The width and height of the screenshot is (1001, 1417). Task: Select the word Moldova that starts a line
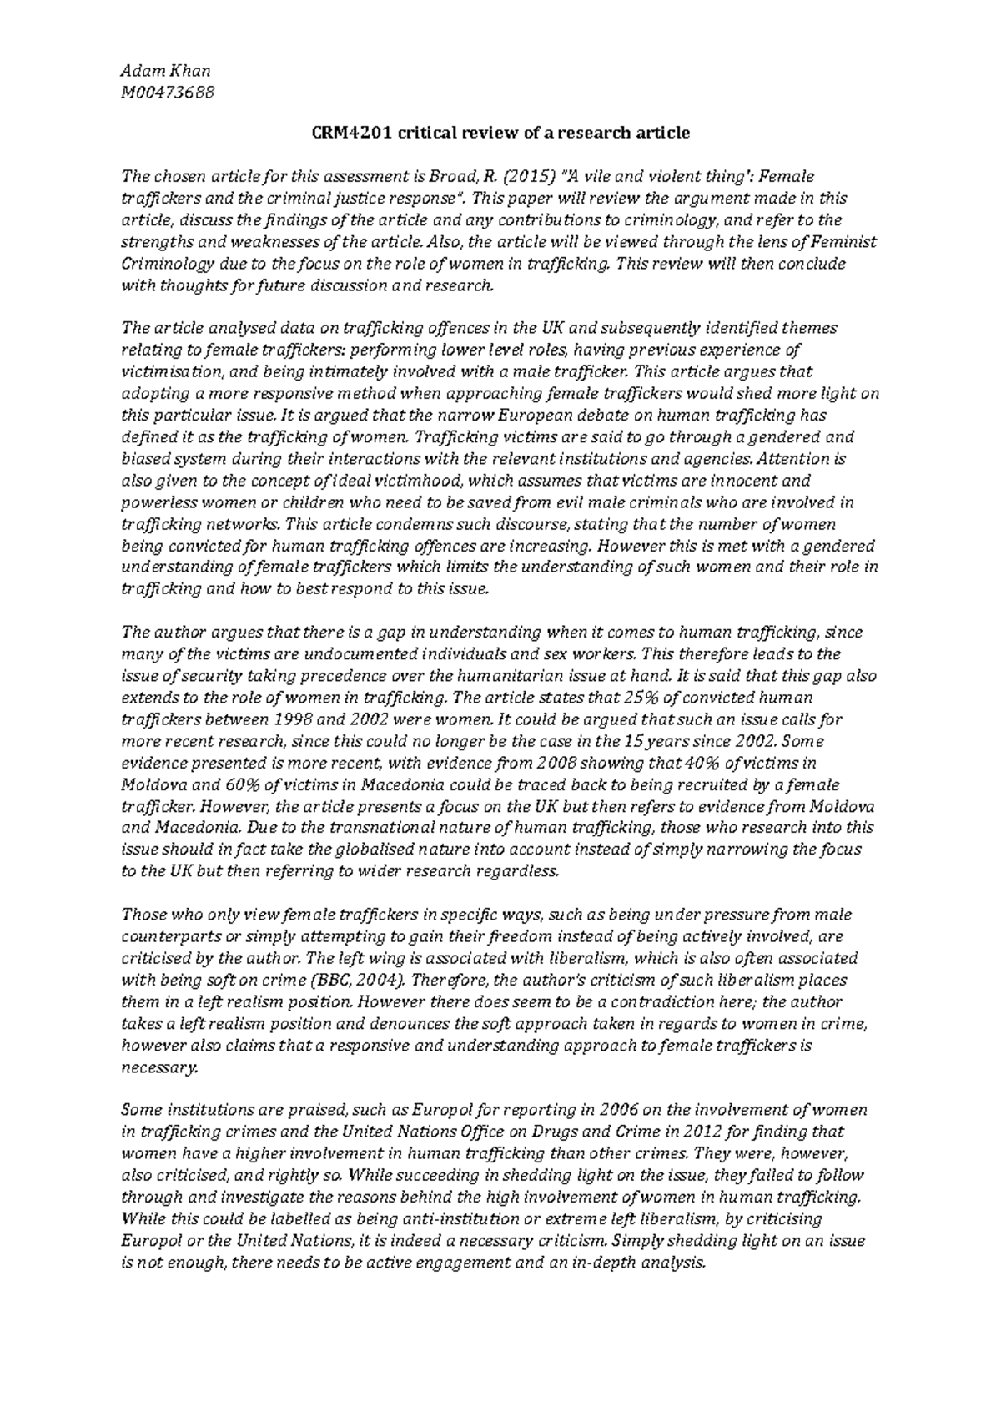click(x=150, y=784)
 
